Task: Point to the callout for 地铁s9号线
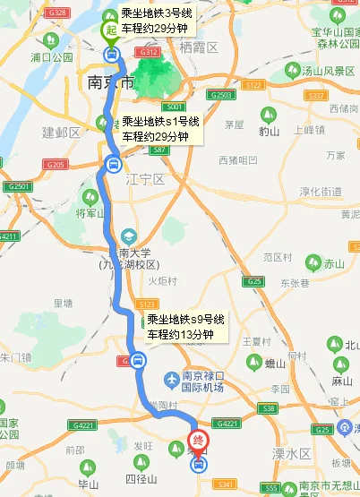click(185, 328)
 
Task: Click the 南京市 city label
click(112, 82)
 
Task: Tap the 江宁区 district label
click(149, 179)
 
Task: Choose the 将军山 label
click(90, 213)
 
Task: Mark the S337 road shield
click(314, 96)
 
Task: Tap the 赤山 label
click(333, 264)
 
